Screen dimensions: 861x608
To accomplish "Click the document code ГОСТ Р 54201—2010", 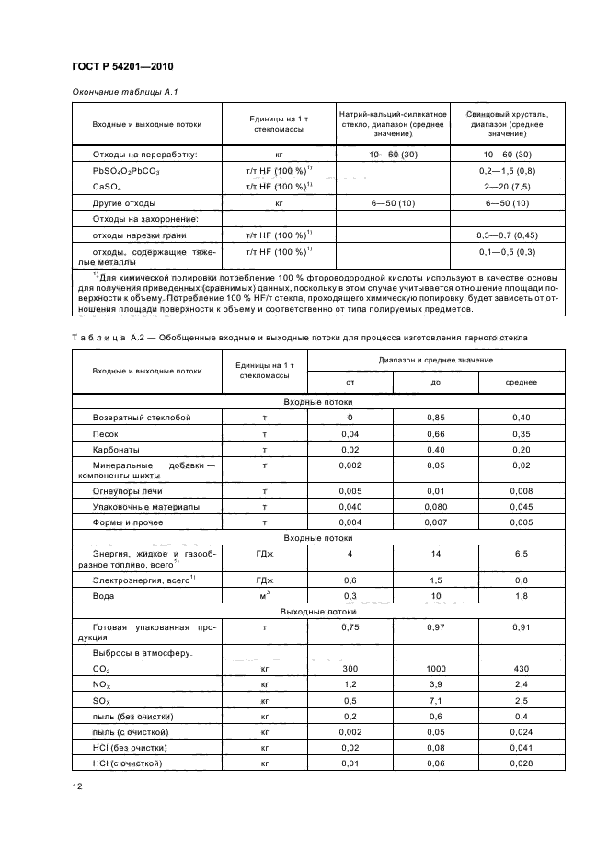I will (121, 67).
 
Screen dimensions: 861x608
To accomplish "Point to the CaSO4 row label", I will (101, 187).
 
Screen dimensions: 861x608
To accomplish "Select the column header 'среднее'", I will (522, 382).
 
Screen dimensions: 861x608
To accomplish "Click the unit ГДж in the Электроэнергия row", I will (264, 580).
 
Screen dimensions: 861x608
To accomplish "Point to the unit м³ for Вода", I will (264, 596).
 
